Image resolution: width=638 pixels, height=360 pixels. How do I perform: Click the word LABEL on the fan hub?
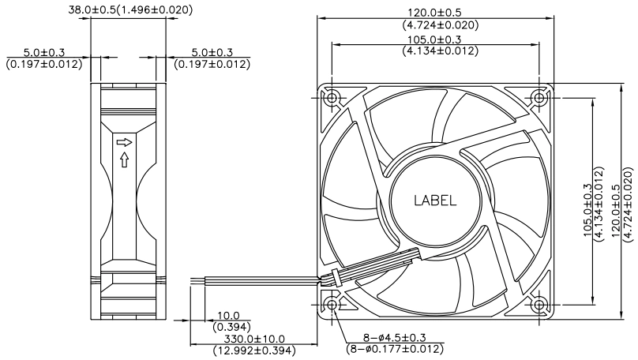click(x=435, y=201)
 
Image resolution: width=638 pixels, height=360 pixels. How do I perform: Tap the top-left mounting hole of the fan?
click(x=332, y=98)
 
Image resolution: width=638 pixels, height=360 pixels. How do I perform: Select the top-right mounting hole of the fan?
click(x=539, y=98)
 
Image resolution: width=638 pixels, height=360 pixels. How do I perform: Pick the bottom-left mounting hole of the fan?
click(x=332, y=305)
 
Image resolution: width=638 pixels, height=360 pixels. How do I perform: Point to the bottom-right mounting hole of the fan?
click(x=539, y=305)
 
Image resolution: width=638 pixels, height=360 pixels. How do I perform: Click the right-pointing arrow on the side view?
click(x=125, y=142)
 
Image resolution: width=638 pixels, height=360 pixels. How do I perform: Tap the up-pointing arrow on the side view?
click(x=125, y=159)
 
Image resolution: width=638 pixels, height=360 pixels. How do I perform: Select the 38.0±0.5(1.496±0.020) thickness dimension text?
click(x=130, y=9)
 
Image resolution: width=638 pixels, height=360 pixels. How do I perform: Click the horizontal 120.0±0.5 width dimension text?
click(x=435, y=13)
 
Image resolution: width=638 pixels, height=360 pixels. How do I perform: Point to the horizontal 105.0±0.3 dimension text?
click(x=435, y=39)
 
